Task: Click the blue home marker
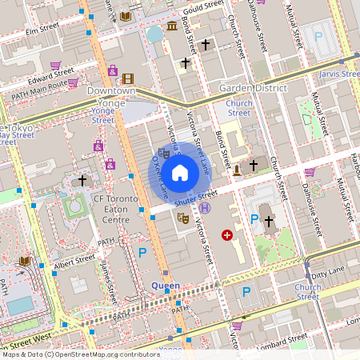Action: click(x=179, y=172)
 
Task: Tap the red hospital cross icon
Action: click(x=227, y=235)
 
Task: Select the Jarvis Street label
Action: click(x=340, y=74)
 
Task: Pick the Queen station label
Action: click(x=166, y=285)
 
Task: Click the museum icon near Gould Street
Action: click(x=172, y=27)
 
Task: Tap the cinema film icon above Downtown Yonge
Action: click(x=129, y=78)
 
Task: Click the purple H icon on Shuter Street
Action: click(x=206, y=208)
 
